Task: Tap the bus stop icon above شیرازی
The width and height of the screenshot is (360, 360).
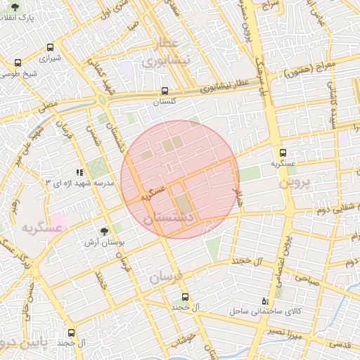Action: [x=50, y=48]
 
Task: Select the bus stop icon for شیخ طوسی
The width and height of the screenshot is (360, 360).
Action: [x=18, y=63]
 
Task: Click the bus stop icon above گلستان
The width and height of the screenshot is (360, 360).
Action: [x=165, y=91]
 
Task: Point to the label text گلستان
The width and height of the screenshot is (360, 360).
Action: [x=165, y=102]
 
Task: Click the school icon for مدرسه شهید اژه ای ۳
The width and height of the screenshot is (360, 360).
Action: [x=79, y=172]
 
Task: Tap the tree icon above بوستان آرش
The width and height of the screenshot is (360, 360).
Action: [x=105, y=230]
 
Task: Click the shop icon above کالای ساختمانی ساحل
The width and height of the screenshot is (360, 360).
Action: [x=264, y=299]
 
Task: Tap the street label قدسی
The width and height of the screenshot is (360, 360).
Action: [x=340, y=344]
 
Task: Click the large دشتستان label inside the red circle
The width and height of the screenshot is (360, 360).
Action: [x=167, y=219]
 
